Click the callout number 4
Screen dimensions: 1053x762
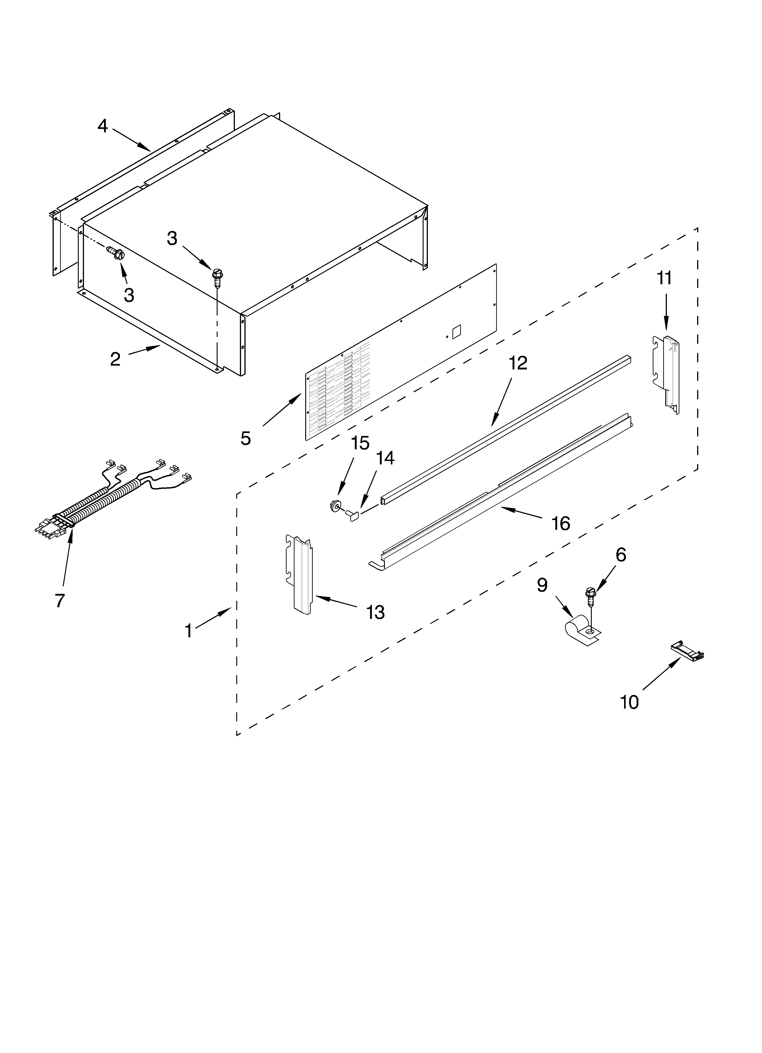[x=103, y=126]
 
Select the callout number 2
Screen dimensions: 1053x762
[x=115, y=359]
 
